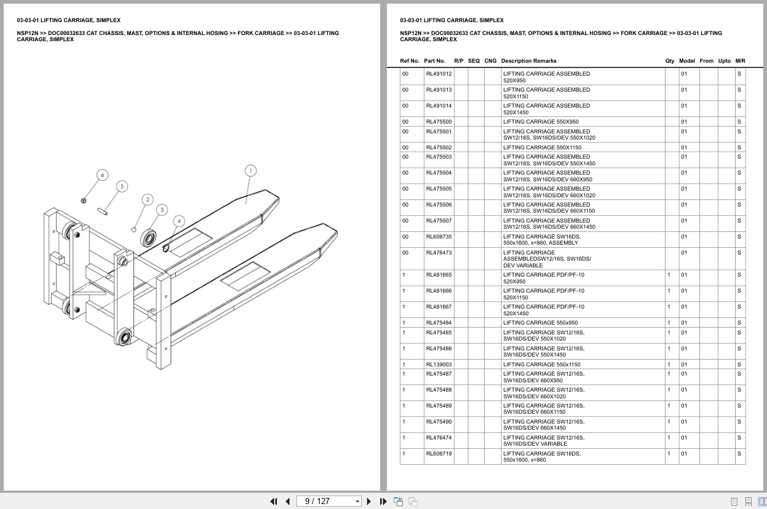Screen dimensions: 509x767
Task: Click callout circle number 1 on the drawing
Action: [250, 170]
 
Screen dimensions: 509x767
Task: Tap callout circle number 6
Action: [102, 175]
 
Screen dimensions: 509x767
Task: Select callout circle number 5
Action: [122, 186]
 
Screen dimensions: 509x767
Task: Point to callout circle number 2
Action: [147, 200]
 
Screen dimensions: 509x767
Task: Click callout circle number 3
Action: [162, 210]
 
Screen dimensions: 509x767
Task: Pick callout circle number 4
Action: [179, 221]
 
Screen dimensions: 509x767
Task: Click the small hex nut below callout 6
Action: [84, 200]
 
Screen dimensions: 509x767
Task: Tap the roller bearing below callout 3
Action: [148, 237]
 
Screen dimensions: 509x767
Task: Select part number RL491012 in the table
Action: [439, 74]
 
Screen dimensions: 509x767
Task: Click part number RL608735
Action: [439, 237]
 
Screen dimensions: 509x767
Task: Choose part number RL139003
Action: [439, 365]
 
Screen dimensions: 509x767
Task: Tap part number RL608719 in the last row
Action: [439, 454]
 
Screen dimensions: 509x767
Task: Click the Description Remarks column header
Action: [528, 61]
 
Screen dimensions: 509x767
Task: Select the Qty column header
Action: [669, 61]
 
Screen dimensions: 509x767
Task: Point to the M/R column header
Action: [740, 61]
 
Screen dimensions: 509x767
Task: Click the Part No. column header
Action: [434, 61]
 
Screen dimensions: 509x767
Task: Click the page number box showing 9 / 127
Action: [326, 501]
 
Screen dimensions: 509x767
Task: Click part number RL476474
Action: [439, 438]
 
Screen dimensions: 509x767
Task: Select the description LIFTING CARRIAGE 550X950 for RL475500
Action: [541, 122]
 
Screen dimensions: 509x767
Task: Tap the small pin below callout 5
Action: [105, 211]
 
